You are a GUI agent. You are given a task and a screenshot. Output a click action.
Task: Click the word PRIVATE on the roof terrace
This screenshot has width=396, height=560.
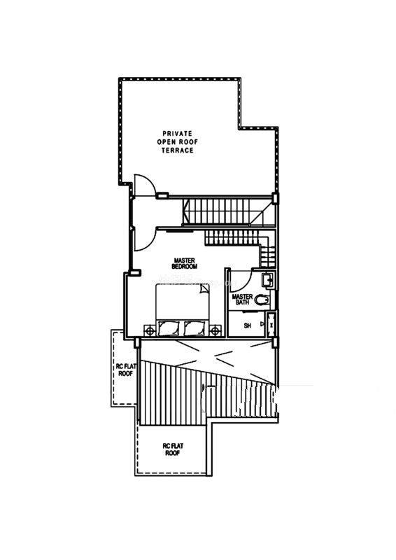pos(178,134)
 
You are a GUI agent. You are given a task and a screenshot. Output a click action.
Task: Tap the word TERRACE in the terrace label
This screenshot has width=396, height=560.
pos(178,150)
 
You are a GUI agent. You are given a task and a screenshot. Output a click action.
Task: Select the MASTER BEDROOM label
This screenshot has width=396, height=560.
pos(185,264)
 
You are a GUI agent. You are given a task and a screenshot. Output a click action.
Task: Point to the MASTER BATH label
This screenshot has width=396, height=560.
pos(242,300)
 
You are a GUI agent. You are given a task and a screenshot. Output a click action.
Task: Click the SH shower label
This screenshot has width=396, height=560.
pos(248,325)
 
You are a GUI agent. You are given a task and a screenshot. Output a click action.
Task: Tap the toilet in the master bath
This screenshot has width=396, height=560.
pos(263,300)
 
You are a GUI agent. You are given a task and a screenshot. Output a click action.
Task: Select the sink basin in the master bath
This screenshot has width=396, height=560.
pos(268,280)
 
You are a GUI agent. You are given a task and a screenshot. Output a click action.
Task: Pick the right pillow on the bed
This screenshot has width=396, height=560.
pos(195,328)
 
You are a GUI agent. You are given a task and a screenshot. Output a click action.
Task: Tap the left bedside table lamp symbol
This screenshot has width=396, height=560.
pos(150,331)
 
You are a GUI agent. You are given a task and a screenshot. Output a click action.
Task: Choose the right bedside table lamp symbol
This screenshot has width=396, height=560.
pos(215,331)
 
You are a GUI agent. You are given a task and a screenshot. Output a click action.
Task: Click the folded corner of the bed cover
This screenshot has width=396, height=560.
pos(204,288)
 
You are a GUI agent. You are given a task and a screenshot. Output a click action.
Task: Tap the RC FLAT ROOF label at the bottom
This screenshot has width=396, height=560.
pos(173,449)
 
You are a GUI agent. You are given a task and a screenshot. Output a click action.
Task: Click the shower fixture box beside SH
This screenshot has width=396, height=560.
pos(271,324)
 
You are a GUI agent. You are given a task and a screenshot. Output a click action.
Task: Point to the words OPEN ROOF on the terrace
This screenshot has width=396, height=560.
pos(178,142)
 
